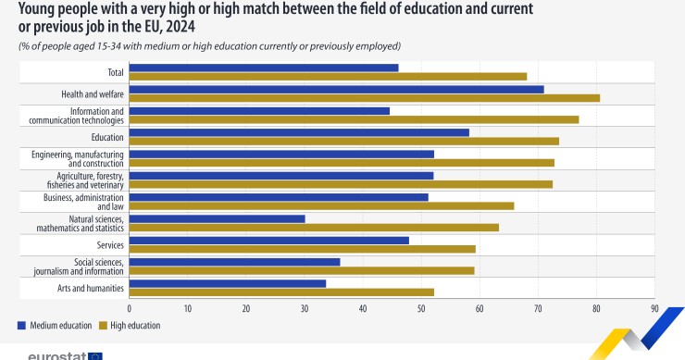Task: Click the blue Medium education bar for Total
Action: point(264,68)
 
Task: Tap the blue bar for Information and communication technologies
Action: point(259,111)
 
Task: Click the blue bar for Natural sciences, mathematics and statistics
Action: point(218,218)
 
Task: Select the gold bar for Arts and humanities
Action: point(281,292)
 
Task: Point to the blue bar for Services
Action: point(269,241)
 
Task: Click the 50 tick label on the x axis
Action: point(421,308)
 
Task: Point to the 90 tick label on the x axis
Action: point(654,308)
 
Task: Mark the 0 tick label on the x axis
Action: point(130,308)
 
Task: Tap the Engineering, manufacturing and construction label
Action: point(77,157)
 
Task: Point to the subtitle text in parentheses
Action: point(208,45)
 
